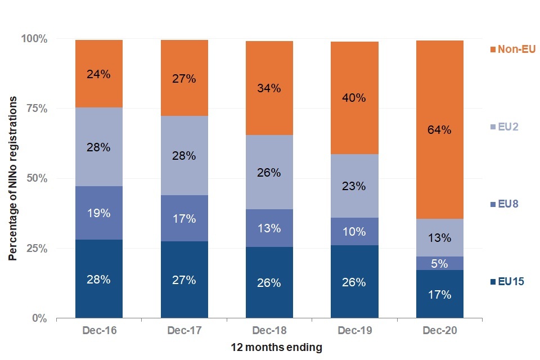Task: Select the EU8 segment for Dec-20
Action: click(439, 263)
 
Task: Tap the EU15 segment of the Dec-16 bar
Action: click(99, 279)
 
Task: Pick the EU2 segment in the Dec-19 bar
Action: click(354, 186)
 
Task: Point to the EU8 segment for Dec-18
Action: click(269, 228)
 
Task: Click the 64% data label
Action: click(439, 130)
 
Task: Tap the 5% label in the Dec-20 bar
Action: click(439, 263)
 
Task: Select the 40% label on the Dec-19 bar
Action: click(354, 98)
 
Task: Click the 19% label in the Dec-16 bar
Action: click(99, 213)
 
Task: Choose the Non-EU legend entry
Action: click(512, 49)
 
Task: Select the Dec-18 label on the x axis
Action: click(269, 330)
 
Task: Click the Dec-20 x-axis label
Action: click(439, 330)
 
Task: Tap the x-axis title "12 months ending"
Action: click(276, 348)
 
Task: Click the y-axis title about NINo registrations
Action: click(12, 178)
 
